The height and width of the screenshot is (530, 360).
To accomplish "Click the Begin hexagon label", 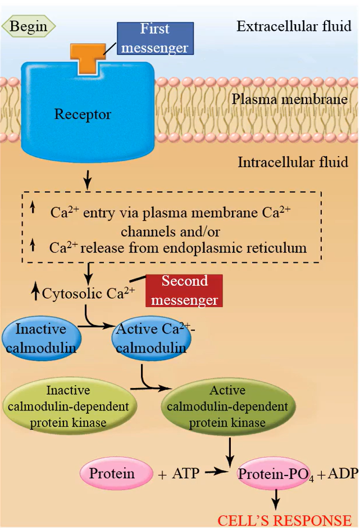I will [x=28, y=26].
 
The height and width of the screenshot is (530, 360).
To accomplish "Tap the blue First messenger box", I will [x=155, y=38].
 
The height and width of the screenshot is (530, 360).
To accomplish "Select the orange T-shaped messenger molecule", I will [x=86, y=57].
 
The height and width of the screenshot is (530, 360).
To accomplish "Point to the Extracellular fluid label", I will [x=294, y=26].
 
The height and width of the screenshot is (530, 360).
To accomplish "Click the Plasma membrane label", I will [x=289, y=100].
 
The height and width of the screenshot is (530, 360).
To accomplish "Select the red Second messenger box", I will [x=184, y=290].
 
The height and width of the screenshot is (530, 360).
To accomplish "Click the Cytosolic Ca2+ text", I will [x=89, y=292].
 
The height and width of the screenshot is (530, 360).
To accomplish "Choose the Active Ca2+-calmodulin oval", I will [x=151, y=338].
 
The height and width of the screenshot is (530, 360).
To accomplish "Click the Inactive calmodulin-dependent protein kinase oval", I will [x=68, y=405].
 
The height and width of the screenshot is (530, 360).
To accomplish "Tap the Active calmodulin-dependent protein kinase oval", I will [x=227, y=405].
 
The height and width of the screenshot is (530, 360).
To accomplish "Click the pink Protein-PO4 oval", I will [x=276, y=474].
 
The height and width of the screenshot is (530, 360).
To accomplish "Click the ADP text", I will [x=343, y=473].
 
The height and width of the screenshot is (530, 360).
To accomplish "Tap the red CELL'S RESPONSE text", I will [x=284, y=520].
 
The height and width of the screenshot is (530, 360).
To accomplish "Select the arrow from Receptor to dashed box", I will [x=87, y=180].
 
